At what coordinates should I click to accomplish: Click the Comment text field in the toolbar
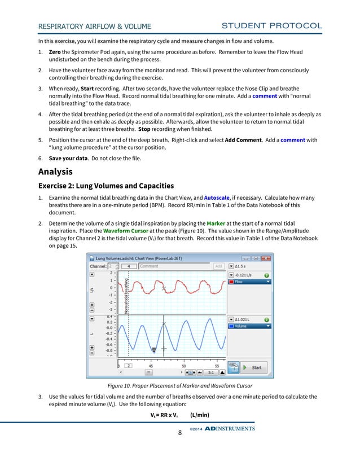tap(174, 266)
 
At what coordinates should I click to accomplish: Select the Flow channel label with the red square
tap(248, 282)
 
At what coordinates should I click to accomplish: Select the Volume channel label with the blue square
tap(248, 326)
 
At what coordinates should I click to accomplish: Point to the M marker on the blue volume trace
tap(153, 349)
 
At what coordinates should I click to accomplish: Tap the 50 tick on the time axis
tap(184, 366)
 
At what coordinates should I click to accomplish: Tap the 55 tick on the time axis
tap(217, 366)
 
